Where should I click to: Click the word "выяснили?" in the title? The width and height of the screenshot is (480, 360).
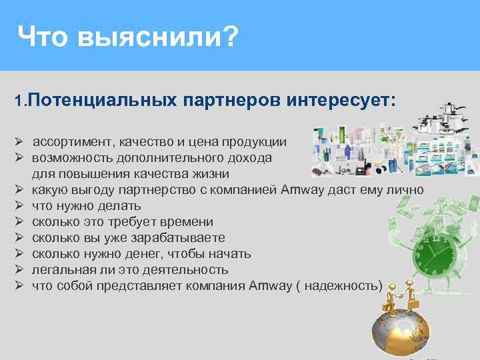(157, 37)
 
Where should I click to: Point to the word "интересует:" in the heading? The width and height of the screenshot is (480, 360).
(341, 101)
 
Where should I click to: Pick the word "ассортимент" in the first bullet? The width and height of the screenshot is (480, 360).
(72, 142)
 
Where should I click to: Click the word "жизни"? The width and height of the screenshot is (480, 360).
(210, 174)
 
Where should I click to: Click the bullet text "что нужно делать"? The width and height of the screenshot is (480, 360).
(86, 206)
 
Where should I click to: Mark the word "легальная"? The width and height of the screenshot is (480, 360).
(61, 270)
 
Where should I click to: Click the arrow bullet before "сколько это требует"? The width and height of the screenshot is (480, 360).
(21, 222)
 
